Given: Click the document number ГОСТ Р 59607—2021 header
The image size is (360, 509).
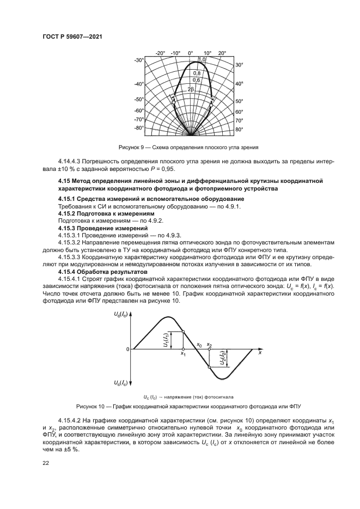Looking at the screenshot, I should point(72,36).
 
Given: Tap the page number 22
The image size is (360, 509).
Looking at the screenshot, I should point(46,463).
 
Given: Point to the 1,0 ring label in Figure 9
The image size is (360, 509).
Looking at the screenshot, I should point(202,59).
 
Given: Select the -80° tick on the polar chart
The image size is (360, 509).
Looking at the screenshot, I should point(139,128).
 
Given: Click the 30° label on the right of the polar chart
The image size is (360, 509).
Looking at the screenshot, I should point(239,65).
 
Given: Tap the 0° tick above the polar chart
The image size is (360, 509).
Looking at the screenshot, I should point(191,53).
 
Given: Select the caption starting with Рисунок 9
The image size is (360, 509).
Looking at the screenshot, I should point(188,147).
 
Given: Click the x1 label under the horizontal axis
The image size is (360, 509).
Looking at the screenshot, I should point(183,354).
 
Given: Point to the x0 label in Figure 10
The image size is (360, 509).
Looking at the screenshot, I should point(199,345).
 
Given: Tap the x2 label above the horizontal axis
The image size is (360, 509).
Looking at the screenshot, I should point(210,345).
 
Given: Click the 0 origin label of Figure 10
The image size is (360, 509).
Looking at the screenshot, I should point(127,349).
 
